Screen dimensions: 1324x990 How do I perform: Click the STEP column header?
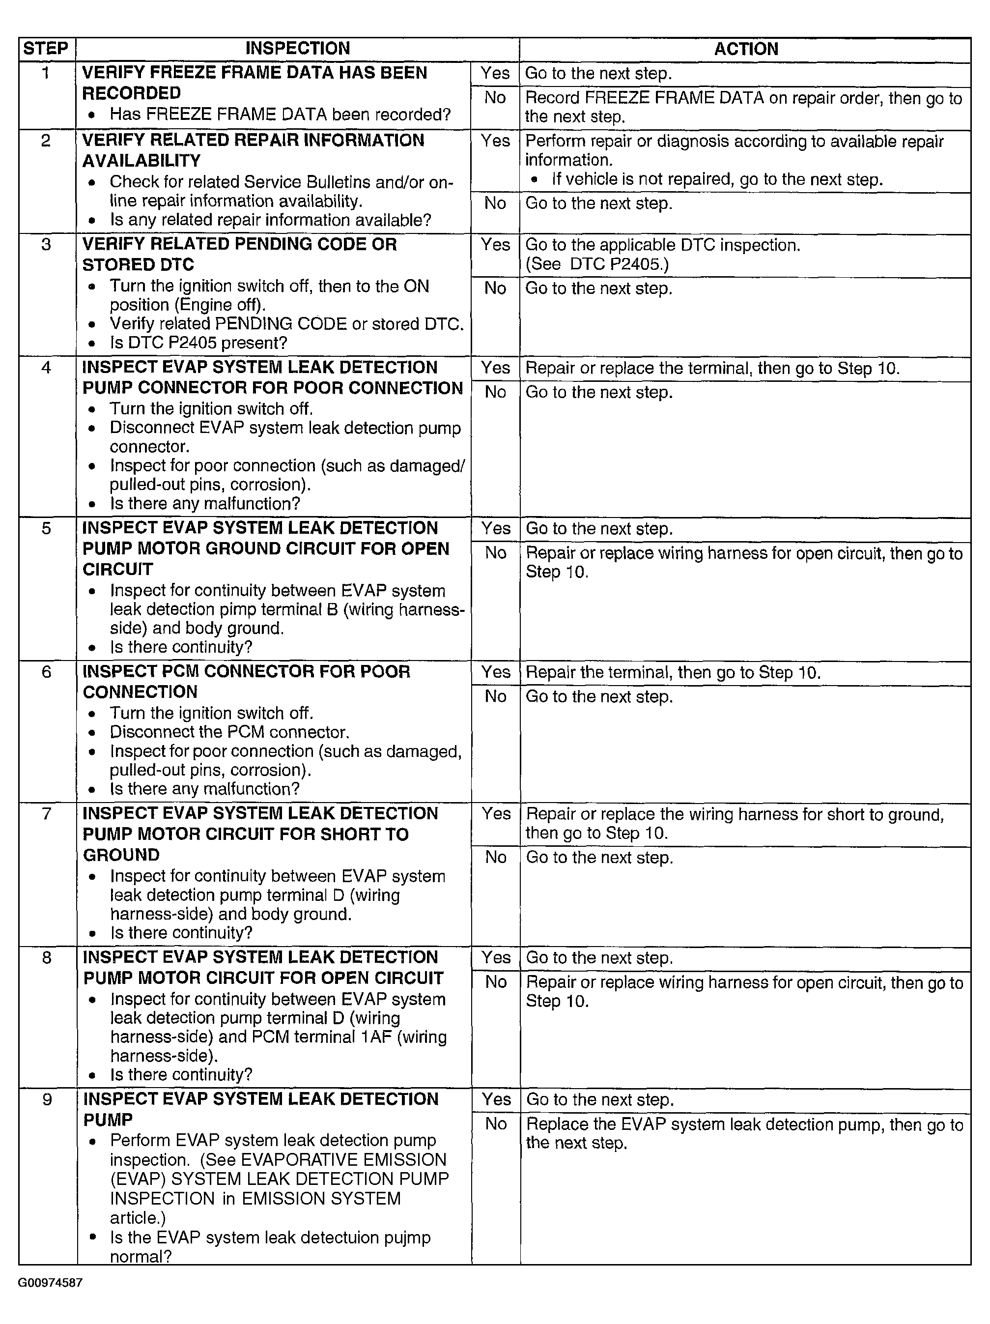[x=46, y=49]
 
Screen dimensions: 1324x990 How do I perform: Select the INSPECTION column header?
[x=297, y=49]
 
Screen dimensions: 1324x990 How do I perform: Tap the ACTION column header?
[x=746, y=49]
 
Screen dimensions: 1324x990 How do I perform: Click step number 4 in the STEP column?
[x=46, y=367]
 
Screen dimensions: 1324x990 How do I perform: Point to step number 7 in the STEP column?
[x=47, y=813]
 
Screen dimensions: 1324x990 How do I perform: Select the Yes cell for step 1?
[x=495, y=73]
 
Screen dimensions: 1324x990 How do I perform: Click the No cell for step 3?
[x=495, y=288]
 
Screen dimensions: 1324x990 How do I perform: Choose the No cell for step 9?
[x=496, y=1123]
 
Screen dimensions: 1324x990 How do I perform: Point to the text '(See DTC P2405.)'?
[x=597, y=264]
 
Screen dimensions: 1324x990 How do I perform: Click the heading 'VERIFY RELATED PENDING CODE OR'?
[x=239, y=244]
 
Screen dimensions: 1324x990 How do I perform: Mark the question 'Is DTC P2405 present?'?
[x=198, y=343]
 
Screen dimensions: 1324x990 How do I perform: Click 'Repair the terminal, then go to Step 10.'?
[x=673, y=672]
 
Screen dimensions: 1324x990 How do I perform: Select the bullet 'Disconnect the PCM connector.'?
[x=229, y=732]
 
